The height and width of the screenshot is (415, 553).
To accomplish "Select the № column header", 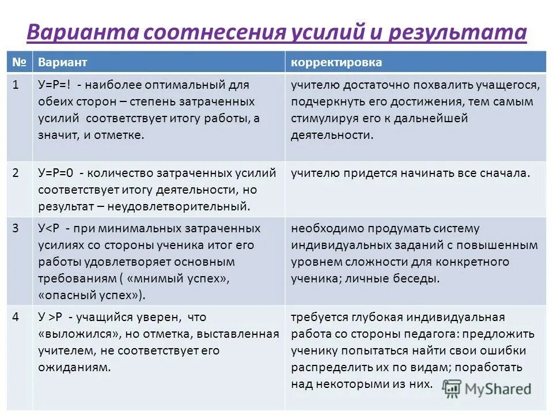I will (19, 62).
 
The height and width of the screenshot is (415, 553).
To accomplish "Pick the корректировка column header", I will (336, 62).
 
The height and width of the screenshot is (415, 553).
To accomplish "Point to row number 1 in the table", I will (17, 85).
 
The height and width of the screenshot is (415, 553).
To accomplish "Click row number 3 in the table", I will (17, 228).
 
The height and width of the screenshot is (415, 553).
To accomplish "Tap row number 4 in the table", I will (17, 317).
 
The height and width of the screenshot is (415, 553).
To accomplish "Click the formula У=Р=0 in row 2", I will (56, 173).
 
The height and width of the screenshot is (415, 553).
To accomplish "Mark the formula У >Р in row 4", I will (52, 317).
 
